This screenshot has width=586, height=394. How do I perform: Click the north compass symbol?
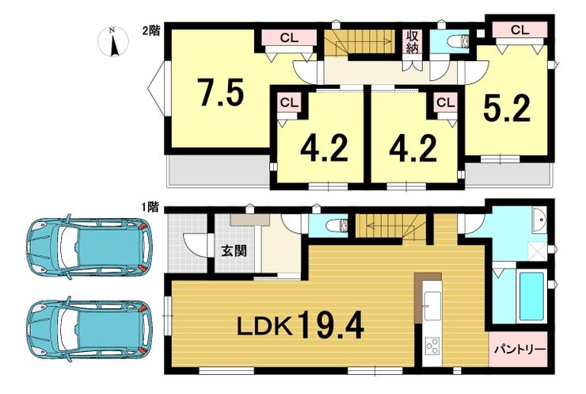click(113, 41)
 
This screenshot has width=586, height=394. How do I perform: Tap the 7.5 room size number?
click(220, 92)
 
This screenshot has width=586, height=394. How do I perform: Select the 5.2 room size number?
click(507, 108)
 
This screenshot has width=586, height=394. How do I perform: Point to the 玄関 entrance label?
click(234, 251)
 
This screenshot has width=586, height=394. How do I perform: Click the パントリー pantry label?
click(519, 350)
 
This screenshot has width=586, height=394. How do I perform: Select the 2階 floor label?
click(151, 31)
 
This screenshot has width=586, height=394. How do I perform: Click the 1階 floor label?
click(151, 207)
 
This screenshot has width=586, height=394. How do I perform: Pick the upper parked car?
click(89, 247)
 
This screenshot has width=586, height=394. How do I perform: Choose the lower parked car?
click(89, 329)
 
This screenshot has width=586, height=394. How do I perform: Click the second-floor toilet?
click(459, 41)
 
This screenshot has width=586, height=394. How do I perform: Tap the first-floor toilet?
click(337, 227)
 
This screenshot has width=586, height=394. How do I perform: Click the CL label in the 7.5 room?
click(289, 37)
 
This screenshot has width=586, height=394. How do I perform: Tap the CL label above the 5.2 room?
click(519, 30)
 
